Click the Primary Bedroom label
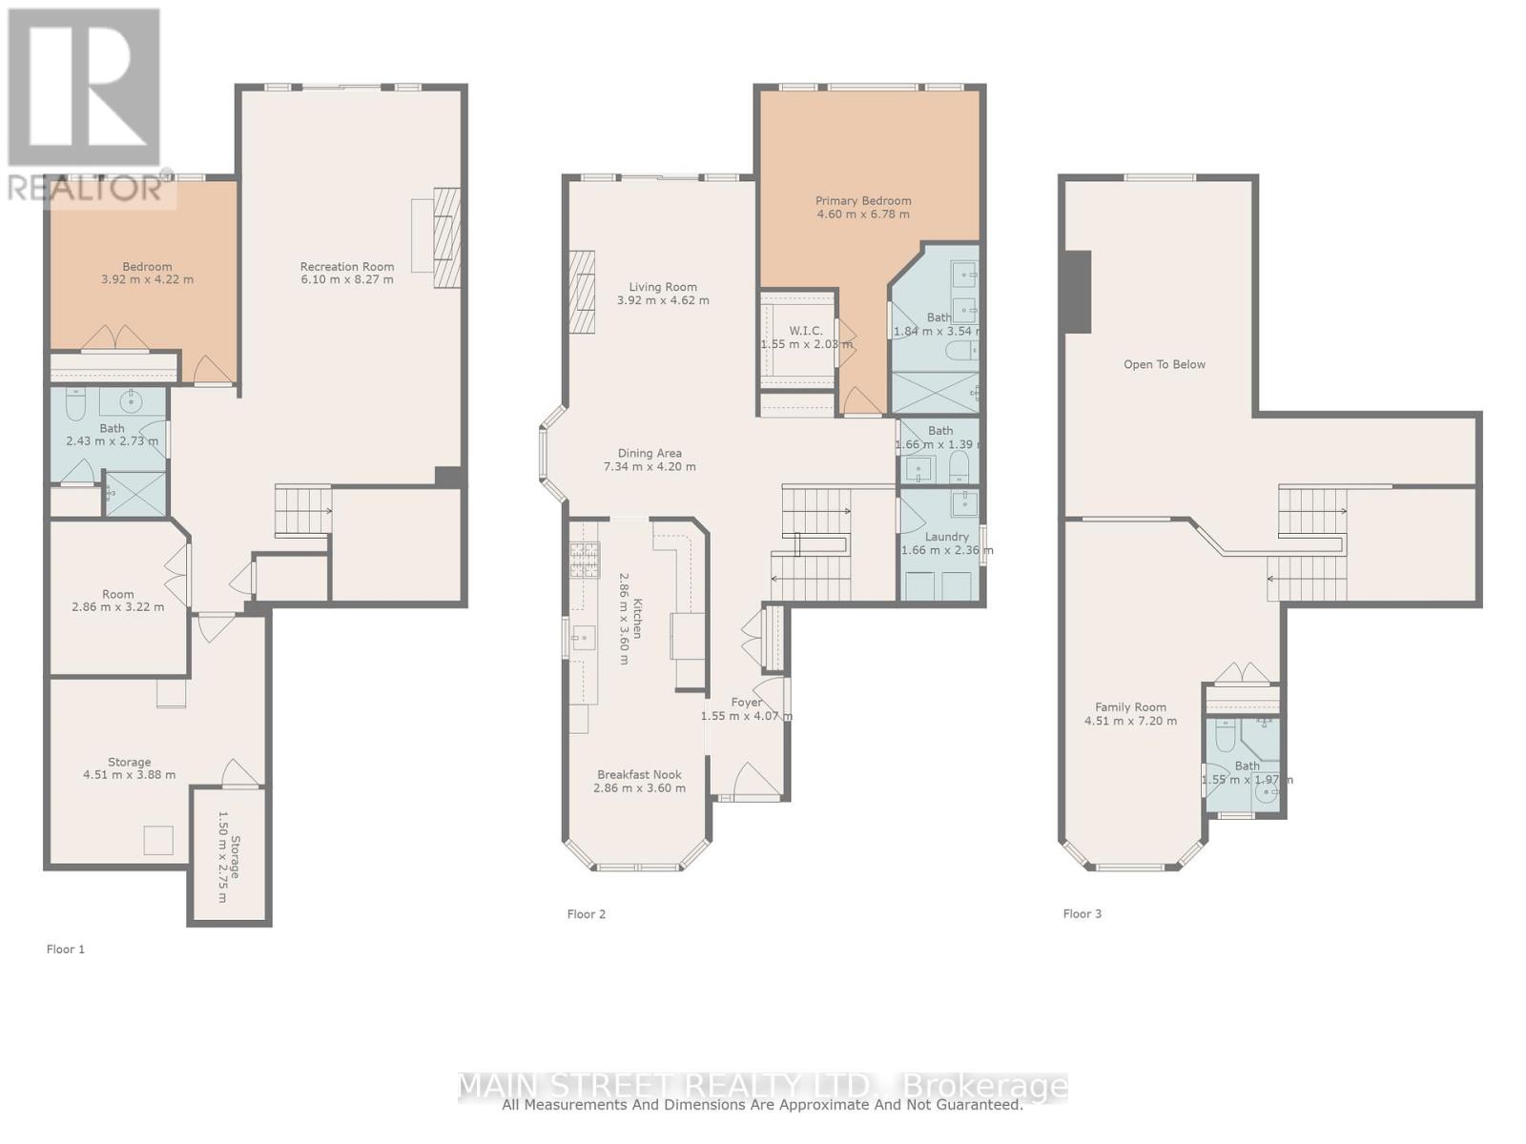tap(862, 201)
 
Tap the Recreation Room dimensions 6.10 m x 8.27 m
tap(347, 280)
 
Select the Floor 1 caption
tap(66, 950)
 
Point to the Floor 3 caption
tap(1083, 914)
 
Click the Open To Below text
tap(1164, 365)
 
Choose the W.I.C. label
tap(806, 331)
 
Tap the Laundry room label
tap(946, 537)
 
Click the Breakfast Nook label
tap(639, 775)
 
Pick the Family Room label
tap(1130, 707)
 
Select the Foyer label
tap(746, 703)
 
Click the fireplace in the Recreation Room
tap(446, 237)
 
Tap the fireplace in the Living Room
tap(582, 292)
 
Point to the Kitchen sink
tap(583, 636)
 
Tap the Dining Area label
tap(650, 454)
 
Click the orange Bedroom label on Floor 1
tap(147, 267)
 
